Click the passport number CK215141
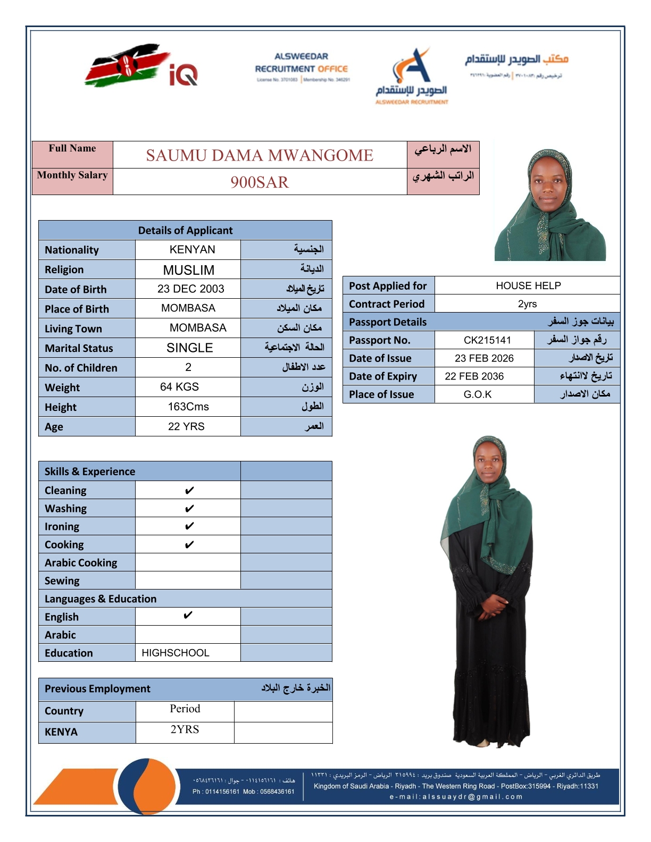click(487, 340)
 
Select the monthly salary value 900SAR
click(260, 182)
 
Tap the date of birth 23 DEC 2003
click(190, 289)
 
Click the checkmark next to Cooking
click(189, 545)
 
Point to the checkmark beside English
click(188, 616)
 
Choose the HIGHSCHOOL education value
click(176, 653)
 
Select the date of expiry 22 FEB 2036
click(474, 376)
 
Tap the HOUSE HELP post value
click(528, 285)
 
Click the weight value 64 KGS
click(179, 387)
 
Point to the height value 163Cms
click(188, 407)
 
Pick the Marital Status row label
click(79, 348)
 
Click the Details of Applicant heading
click(185, 230)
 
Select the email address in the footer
click(456, 797)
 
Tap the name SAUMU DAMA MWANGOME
click(260, 155)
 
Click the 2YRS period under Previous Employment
click(185, 729)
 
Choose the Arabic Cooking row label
click(81, 562)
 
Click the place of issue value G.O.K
click(478, 394)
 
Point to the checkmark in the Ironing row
click(189, 526)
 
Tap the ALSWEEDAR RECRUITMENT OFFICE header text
click(301, 63)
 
